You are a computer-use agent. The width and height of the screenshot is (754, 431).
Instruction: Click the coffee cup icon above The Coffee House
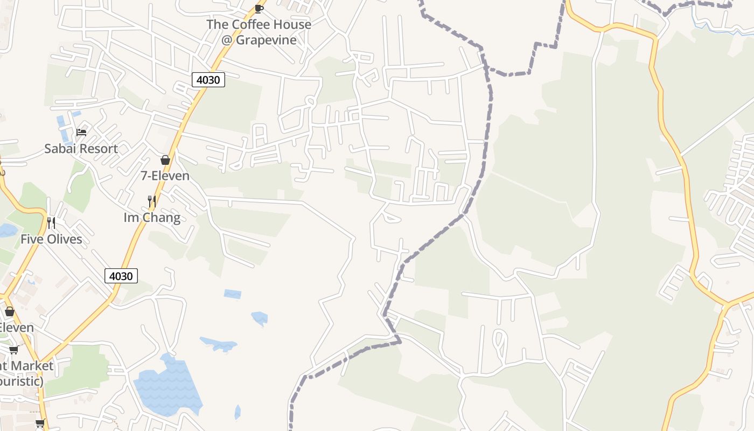[x=259, y=8]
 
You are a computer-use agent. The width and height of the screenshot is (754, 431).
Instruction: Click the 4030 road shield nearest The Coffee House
[x=208, y=80]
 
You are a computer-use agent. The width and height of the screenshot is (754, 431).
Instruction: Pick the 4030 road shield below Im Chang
[x=121, y=276]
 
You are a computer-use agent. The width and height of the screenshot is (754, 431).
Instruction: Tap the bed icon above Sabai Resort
[x=81, y=132]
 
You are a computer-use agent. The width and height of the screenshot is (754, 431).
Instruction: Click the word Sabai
[x=60, y=149]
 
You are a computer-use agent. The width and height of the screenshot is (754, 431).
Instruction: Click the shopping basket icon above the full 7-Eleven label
[x=165, y=160]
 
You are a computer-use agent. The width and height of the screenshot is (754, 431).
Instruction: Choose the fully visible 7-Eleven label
[x=165, y=176]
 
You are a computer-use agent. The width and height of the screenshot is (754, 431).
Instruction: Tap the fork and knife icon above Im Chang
[x=152, y=201]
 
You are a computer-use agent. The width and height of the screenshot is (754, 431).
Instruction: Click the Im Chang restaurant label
[x=152, y=218]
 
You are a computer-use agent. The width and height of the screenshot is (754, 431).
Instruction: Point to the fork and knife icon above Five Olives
[x=51, y=223]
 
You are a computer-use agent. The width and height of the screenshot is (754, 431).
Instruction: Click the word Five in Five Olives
[x=31, y=239]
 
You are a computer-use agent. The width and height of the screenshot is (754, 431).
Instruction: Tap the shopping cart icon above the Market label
[x=14, y=350]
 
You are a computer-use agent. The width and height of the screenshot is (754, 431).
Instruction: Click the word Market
[x=32, y=366]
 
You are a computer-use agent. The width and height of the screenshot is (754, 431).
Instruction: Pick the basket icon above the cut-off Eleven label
[x=10, y=311]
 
